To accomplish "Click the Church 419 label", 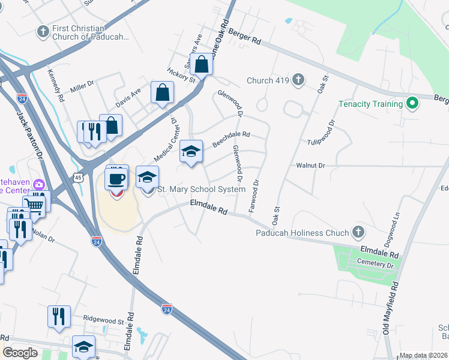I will [268, 80].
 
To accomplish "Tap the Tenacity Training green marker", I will [412, 104].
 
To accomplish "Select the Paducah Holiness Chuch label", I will [303, 233].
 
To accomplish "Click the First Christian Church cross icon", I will [43, 31].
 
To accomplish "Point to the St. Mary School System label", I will [201, 190].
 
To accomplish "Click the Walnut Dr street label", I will [310, 165].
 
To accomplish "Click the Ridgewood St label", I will [103, 321].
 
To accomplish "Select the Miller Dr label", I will [82, 88].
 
